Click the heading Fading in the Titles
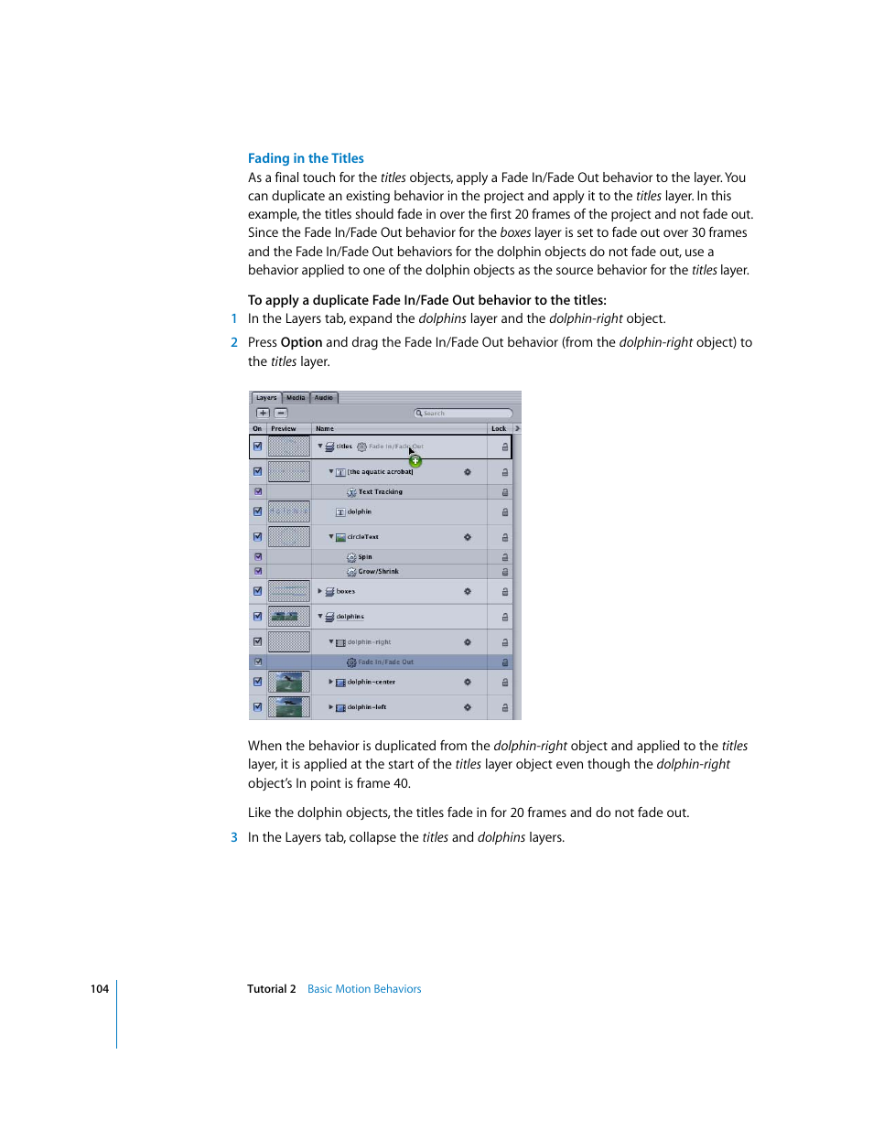pyautogui.click(x=306, y=158)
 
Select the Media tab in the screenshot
pyautogui.click(x=296, y=398)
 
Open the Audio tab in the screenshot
pyautogui.click(x=324, y=398)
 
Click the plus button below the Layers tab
pyautogui.click(x=264, y=413)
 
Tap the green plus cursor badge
pyautogui.click(x=415, y=461)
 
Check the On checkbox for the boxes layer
pyautogui.click(x=257, y=591)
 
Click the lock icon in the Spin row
pyautogui.click(x=504, y=557)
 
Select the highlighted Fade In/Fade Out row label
pyautogui.click(x=385, y=662)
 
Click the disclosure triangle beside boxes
pyautogui.click(x=320, y=591)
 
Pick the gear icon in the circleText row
pyautogui.click(x=467, y=537)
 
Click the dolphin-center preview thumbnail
pyautogui.click(x=289, y=682)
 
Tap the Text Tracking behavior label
pyautogui.click(x=380, y=492)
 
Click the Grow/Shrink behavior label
pyautogui.click(x=378, y=572)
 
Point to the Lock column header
pyautogui.click(x=499, y=428)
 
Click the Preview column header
pyautogui.click(x=284, y=428)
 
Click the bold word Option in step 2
pyautogui.click(x=301, y=342)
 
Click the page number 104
pyautogui.click(x=100, y=989)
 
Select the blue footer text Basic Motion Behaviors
pyautogui.click(x=364, y=989)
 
